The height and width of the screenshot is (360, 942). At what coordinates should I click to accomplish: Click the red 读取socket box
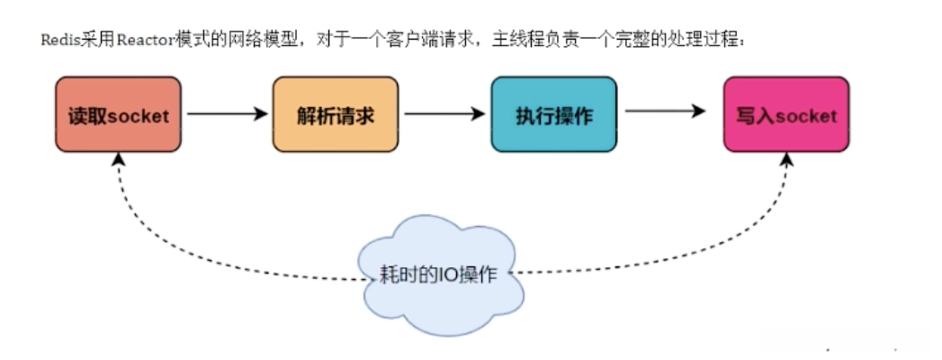coord(118,114)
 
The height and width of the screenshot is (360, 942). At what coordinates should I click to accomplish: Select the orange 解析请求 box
coord(335,114)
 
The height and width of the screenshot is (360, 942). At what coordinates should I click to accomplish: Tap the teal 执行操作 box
coord(553,114)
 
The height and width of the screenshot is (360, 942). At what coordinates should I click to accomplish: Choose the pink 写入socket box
coord(786,114)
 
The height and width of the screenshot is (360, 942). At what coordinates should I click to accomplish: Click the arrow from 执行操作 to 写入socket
coord(666,111)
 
